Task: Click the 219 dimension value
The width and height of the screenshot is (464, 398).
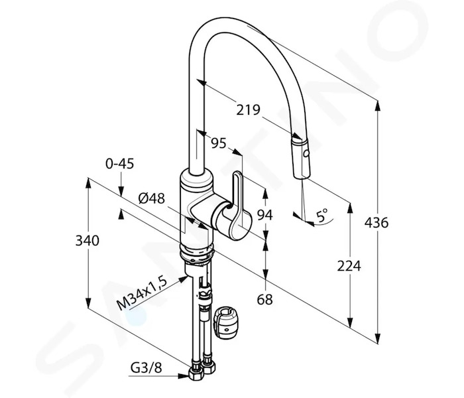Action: coord(248,110)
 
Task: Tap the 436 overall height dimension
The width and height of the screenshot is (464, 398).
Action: coord(376,222)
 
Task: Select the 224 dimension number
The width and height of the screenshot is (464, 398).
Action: coord(349,266)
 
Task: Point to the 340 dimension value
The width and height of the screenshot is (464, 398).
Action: coord(87,240)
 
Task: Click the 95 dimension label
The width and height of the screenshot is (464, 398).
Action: coord(218,143)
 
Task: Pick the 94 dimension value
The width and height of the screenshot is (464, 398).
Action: coord(264,215)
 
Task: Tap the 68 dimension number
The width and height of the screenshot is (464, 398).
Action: coord(264,300)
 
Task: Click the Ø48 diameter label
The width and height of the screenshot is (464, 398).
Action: coord(152,198)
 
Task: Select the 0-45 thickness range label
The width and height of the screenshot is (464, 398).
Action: coord(120,164)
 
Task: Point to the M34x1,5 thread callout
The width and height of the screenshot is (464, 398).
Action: coord(142,292)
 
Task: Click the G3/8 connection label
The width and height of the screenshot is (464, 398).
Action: coord(146,368)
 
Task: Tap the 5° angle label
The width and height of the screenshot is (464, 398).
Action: coord(322,216)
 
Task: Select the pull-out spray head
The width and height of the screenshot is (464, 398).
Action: coord(301,158)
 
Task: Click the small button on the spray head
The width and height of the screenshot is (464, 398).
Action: coord(306,154)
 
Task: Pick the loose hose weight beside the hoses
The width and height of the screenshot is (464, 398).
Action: coord(227,324)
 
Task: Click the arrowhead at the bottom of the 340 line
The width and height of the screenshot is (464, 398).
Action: coord(88,304)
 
